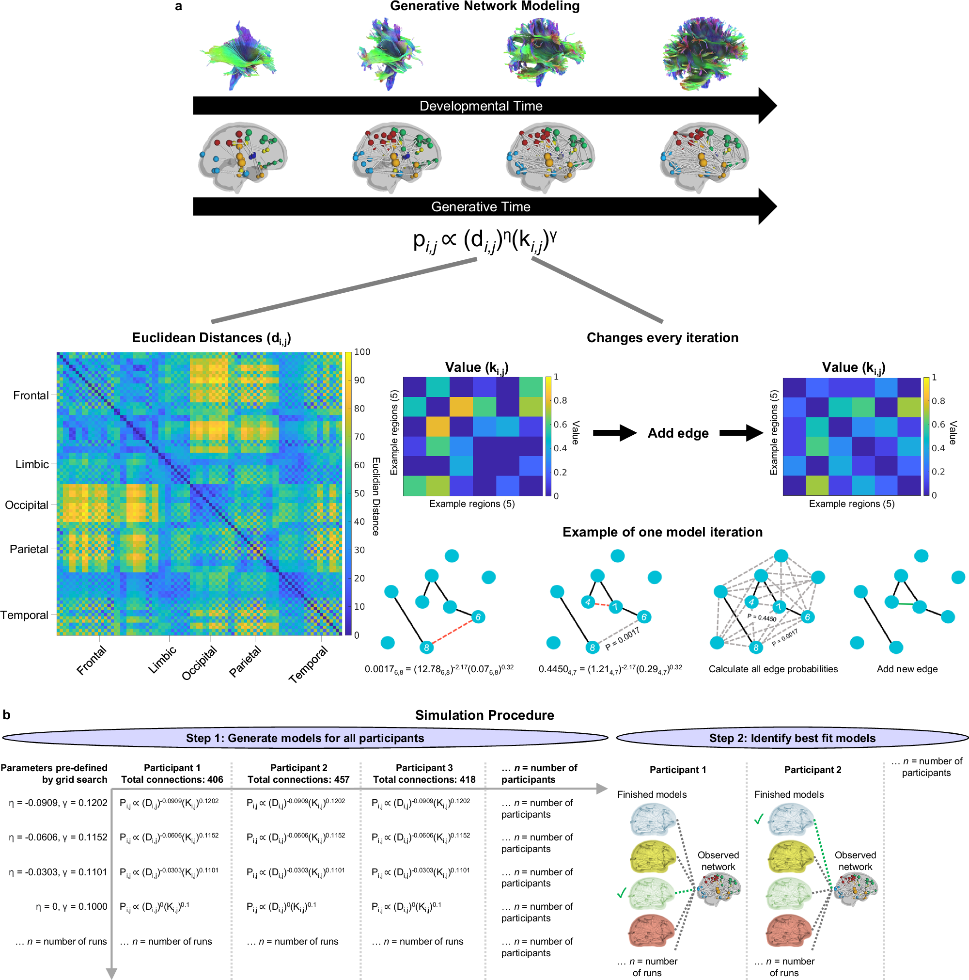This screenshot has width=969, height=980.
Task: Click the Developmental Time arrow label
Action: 481,106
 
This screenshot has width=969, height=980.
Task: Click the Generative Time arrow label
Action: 481,207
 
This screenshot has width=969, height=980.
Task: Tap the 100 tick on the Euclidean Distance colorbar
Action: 362,352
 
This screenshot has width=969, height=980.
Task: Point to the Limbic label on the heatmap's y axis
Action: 32,464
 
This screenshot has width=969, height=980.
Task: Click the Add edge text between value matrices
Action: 678,433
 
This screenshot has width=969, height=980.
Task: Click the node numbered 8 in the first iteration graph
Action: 426,648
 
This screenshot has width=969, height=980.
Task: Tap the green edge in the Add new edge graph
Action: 905,604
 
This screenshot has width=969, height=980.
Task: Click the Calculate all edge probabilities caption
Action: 773,669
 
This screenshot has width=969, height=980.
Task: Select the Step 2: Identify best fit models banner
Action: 792,738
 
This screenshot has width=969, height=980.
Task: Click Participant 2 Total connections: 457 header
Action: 298,774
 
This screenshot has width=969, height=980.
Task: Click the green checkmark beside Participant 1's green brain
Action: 622,893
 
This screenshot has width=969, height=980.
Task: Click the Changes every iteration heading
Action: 662,338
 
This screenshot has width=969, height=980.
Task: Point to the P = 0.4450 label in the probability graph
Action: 762,618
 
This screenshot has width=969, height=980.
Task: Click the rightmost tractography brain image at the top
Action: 705,53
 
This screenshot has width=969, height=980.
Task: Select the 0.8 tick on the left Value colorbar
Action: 560,401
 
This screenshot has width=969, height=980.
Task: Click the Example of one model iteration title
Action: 662,532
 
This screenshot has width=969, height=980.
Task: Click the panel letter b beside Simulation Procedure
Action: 7,715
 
